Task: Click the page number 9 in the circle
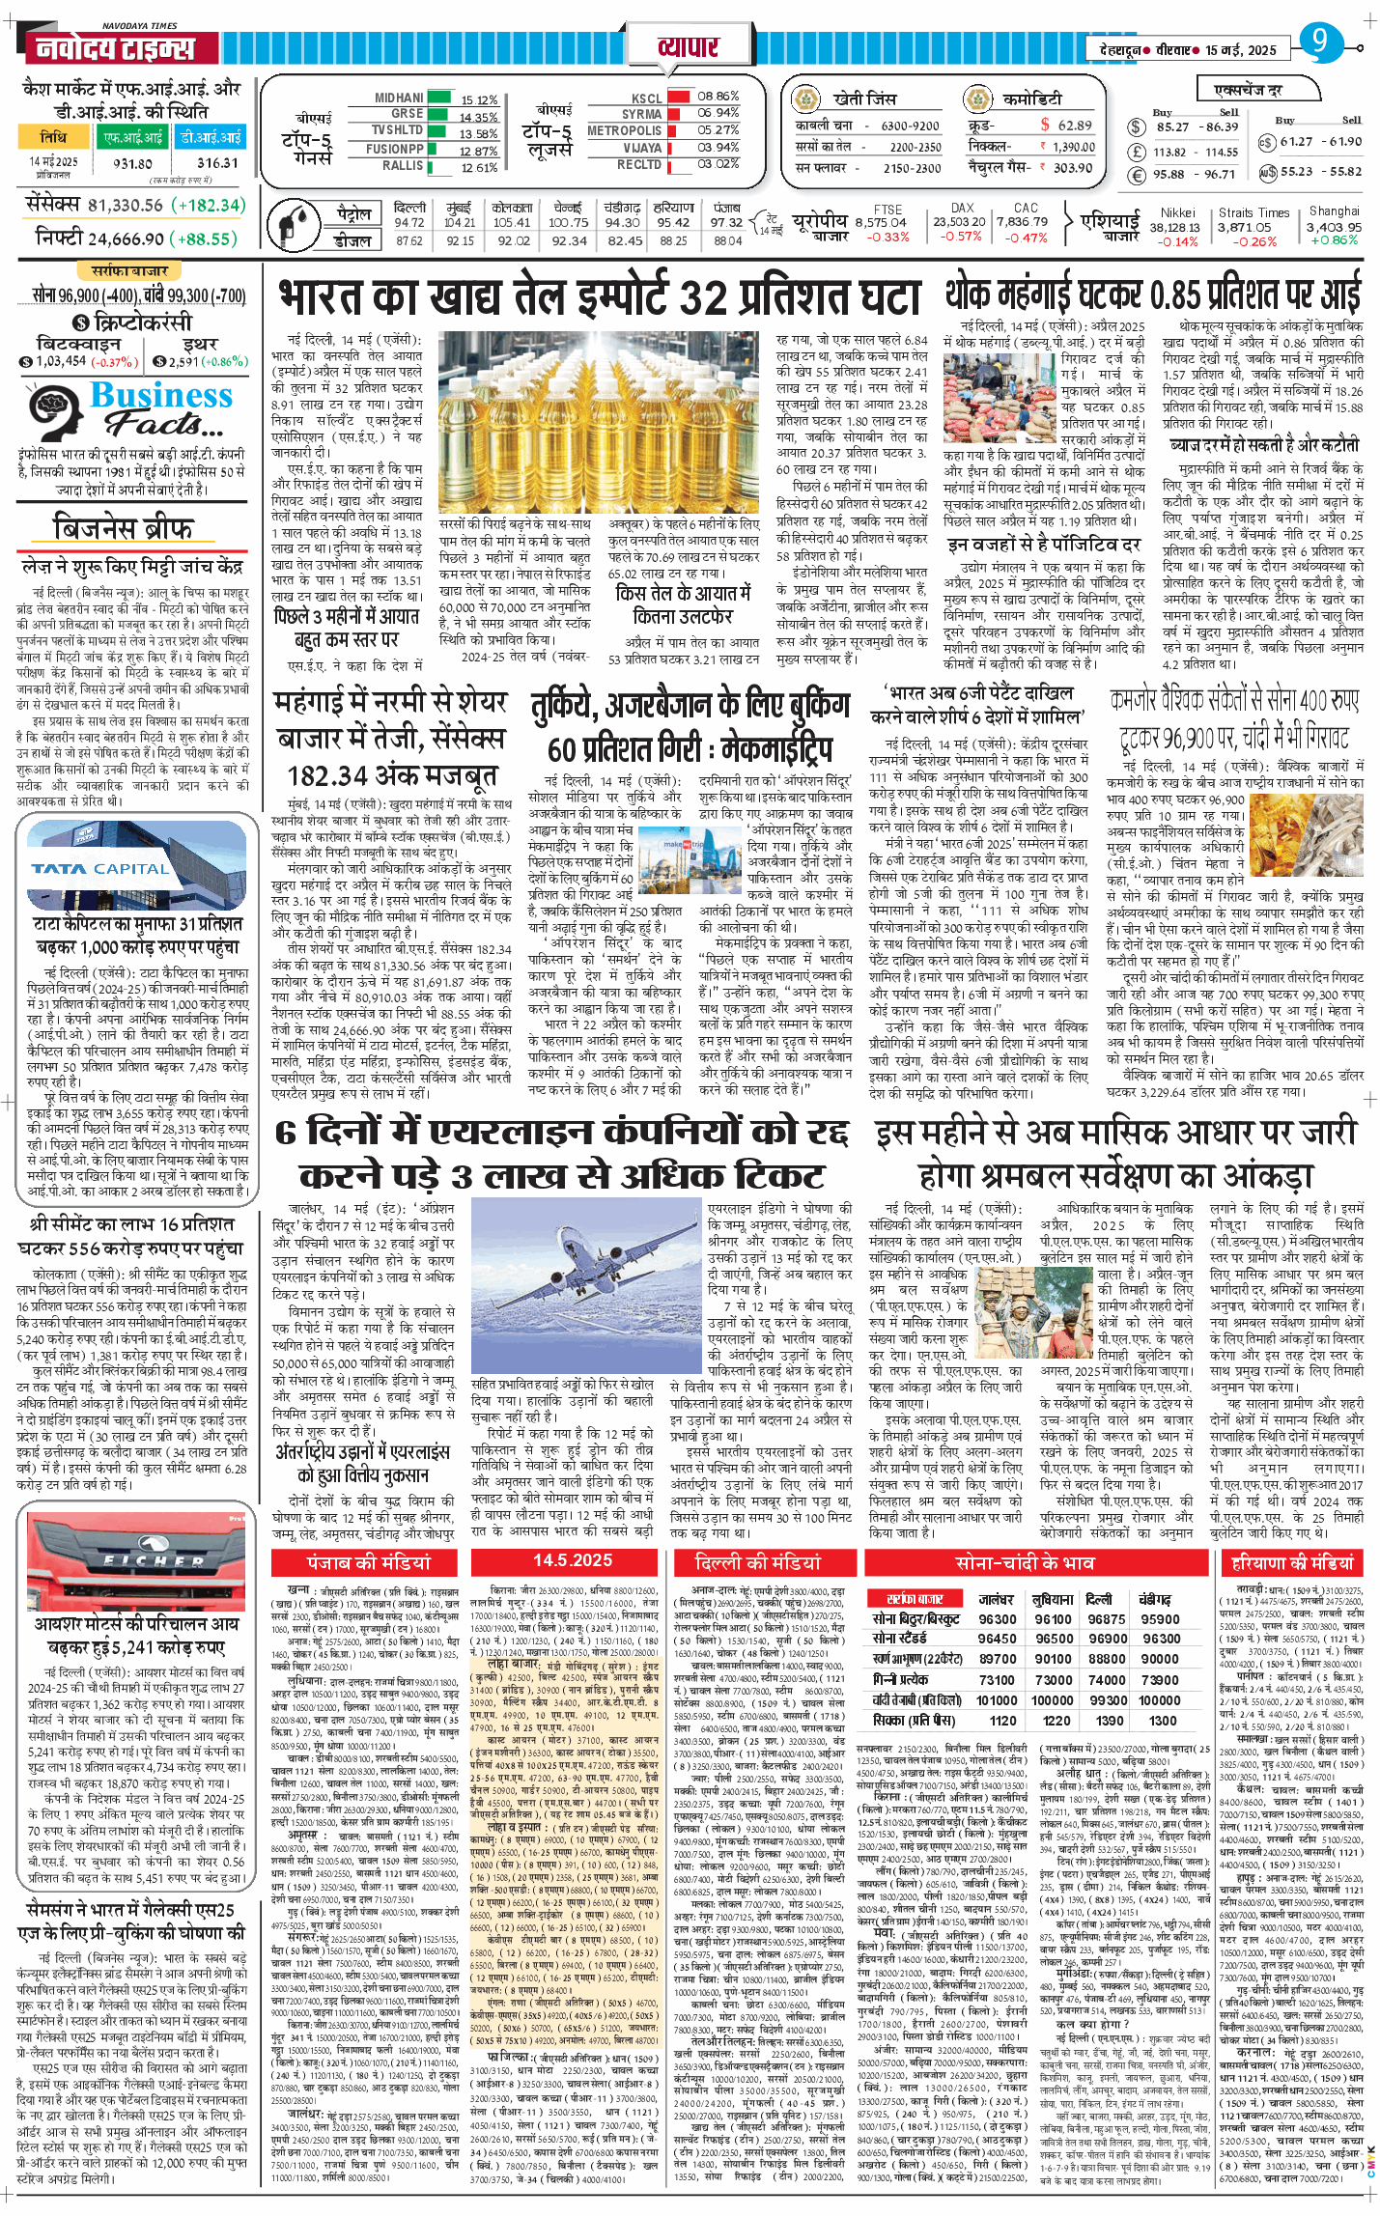1319,42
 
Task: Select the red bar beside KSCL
679,97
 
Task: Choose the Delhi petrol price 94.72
409,222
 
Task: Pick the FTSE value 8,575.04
881,223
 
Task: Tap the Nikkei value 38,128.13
1174,227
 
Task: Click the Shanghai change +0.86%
1334,240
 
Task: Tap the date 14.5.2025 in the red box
573,1560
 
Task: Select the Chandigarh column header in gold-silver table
1154,1598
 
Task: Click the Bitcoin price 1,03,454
60,361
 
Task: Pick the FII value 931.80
132,164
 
